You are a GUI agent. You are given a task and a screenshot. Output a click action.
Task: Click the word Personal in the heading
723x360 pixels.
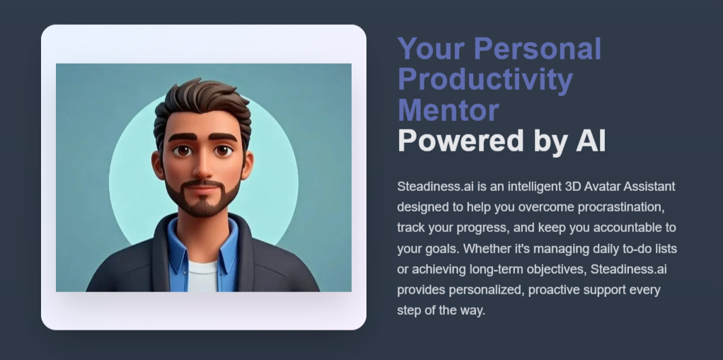point(538,49)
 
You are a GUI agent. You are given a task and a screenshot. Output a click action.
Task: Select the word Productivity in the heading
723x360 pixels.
point(485,80)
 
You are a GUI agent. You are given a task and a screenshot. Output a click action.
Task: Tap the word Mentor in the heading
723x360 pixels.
point(449,110)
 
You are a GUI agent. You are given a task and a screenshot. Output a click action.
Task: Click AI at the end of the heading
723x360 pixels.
point(586,141)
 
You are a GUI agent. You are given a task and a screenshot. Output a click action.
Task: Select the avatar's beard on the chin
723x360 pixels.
point(203,205)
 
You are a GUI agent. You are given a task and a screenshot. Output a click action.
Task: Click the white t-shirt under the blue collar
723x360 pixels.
point(203,277)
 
